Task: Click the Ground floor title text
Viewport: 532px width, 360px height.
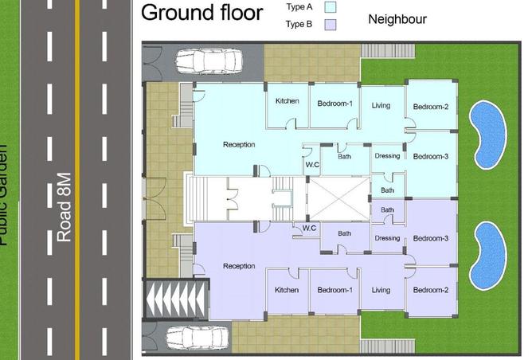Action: [x=201, y=14]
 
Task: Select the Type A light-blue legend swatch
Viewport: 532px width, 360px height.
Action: [x=331, y=7]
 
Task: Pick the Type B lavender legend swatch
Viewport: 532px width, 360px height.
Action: [x=331, y=25]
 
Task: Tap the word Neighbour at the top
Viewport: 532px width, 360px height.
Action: [x=397, y=19]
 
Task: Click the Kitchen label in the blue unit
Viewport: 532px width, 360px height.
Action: [x=287, y=102]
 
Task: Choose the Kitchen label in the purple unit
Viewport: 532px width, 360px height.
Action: [x=287, y=291]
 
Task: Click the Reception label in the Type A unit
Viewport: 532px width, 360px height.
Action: [x=239, y=145]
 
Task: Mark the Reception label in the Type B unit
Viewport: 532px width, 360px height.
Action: [x=239, y=266]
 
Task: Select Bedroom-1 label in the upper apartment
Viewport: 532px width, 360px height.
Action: [x=335, y=104]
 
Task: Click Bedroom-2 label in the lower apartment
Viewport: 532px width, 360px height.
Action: [x=430, y=291]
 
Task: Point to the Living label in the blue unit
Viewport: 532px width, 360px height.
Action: [x=381, y=105]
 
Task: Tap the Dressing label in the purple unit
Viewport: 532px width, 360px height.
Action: [x=387, y=238]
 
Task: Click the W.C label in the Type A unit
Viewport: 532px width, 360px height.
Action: [x=312, y=165]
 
